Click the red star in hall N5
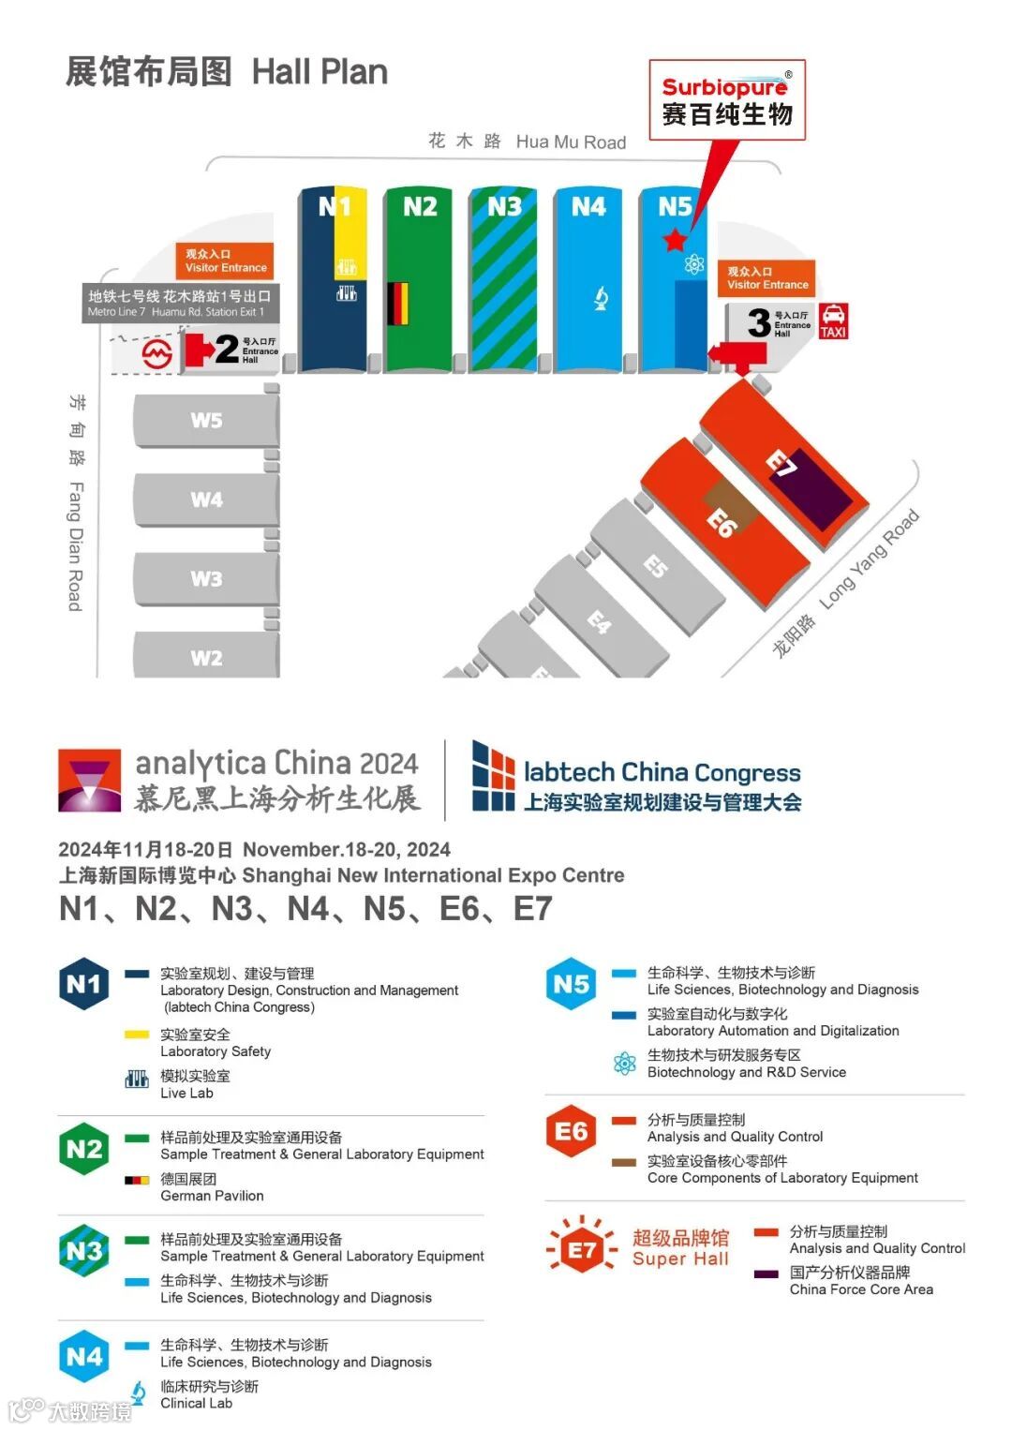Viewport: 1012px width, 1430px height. [x=675, y=240]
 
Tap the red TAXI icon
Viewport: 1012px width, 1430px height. [x=833, y=320]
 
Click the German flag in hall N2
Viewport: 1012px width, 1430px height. [x=397, y=304]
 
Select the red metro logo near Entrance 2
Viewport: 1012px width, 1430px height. [x=156, y=354]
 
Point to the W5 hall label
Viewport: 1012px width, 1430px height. [x=206, y=420]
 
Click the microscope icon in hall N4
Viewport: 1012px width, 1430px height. [x=601, y=299]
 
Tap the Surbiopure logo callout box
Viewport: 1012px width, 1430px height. [x=727, y=100]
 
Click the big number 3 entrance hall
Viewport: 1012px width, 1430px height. [x=759, y=323]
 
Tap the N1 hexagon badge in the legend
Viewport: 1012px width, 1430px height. [x=83, y=984]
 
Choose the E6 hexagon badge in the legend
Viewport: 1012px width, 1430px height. [x=571, y=1131]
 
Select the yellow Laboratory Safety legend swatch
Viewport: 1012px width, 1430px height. [x=137, y=1035]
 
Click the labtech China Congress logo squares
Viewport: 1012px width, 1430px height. [x=493, y=776]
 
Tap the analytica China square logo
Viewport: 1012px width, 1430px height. [x=90, y=780]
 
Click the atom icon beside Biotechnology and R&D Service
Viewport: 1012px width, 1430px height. [x=624, y=1064]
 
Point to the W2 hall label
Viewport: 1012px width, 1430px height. [x=206, y=658]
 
